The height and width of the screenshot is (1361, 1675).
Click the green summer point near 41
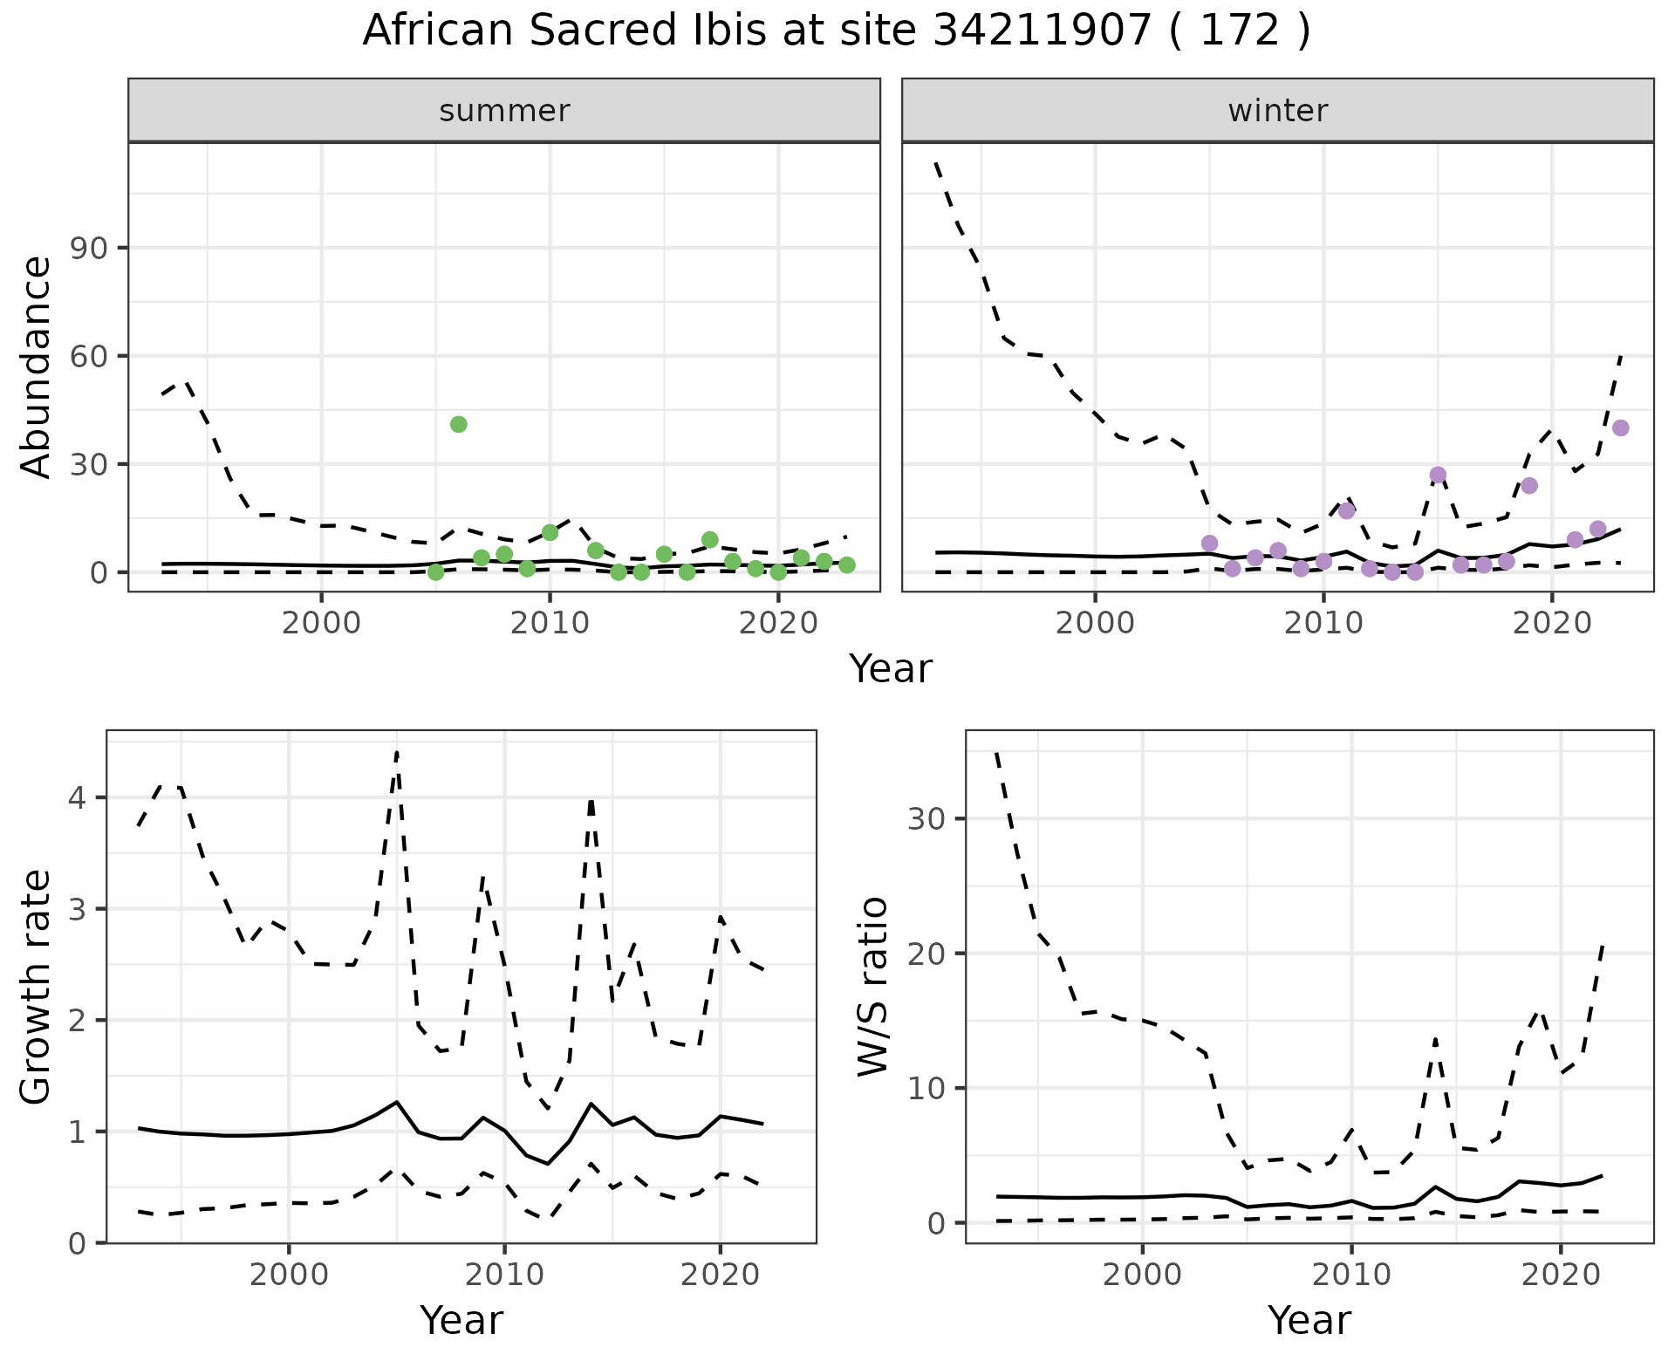459,425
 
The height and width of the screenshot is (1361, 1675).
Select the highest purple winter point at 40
1621,428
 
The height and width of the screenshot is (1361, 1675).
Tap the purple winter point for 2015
1439,475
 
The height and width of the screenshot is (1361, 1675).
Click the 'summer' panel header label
504,111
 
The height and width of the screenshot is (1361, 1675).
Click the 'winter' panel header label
1278,111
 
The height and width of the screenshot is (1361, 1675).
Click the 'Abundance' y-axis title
37,366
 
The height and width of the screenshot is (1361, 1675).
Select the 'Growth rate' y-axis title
37,987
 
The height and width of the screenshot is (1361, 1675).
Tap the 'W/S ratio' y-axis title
873,987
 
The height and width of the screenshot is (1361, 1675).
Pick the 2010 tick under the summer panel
550,625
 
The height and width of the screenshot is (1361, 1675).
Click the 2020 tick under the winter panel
1552,625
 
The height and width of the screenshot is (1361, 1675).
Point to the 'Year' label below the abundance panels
891,669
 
